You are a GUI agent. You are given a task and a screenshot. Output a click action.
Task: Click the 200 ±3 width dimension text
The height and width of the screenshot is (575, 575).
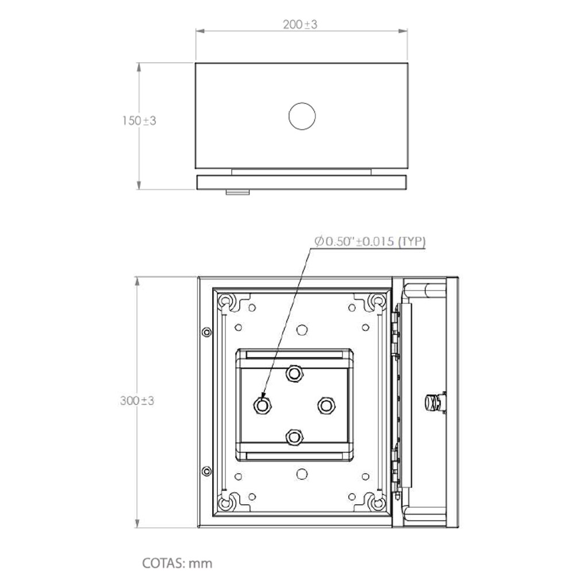pyautogui.click(x=300, y=25)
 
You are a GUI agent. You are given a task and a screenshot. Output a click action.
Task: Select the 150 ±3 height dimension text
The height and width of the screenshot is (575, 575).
pyautogui.click(x=139, y=120)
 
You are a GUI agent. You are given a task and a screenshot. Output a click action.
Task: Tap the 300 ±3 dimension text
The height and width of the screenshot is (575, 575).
pyautogui.click(x=137, y=400)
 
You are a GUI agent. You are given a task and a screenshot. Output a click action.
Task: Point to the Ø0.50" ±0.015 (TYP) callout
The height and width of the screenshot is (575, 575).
pyautogui.click(x=370, y=241)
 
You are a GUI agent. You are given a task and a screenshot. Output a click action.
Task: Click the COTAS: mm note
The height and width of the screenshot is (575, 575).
pyautogui.click(x=177, y=563)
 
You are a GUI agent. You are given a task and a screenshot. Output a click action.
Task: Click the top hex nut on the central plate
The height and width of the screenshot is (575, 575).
pyautogui.click(x=293, y=374)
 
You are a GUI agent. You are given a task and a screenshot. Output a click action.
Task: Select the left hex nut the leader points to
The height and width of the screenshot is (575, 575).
pyautogui.click(x=262, y=405)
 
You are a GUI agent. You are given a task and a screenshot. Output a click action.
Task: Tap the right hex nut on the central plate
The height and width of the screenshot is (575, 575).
pyautogui.click(x=325, y=405)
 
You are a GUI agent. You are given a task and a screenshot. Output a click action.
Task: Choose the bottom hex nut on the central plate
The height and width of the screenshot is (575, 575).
pyautogui.click(x=293, y=437)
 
